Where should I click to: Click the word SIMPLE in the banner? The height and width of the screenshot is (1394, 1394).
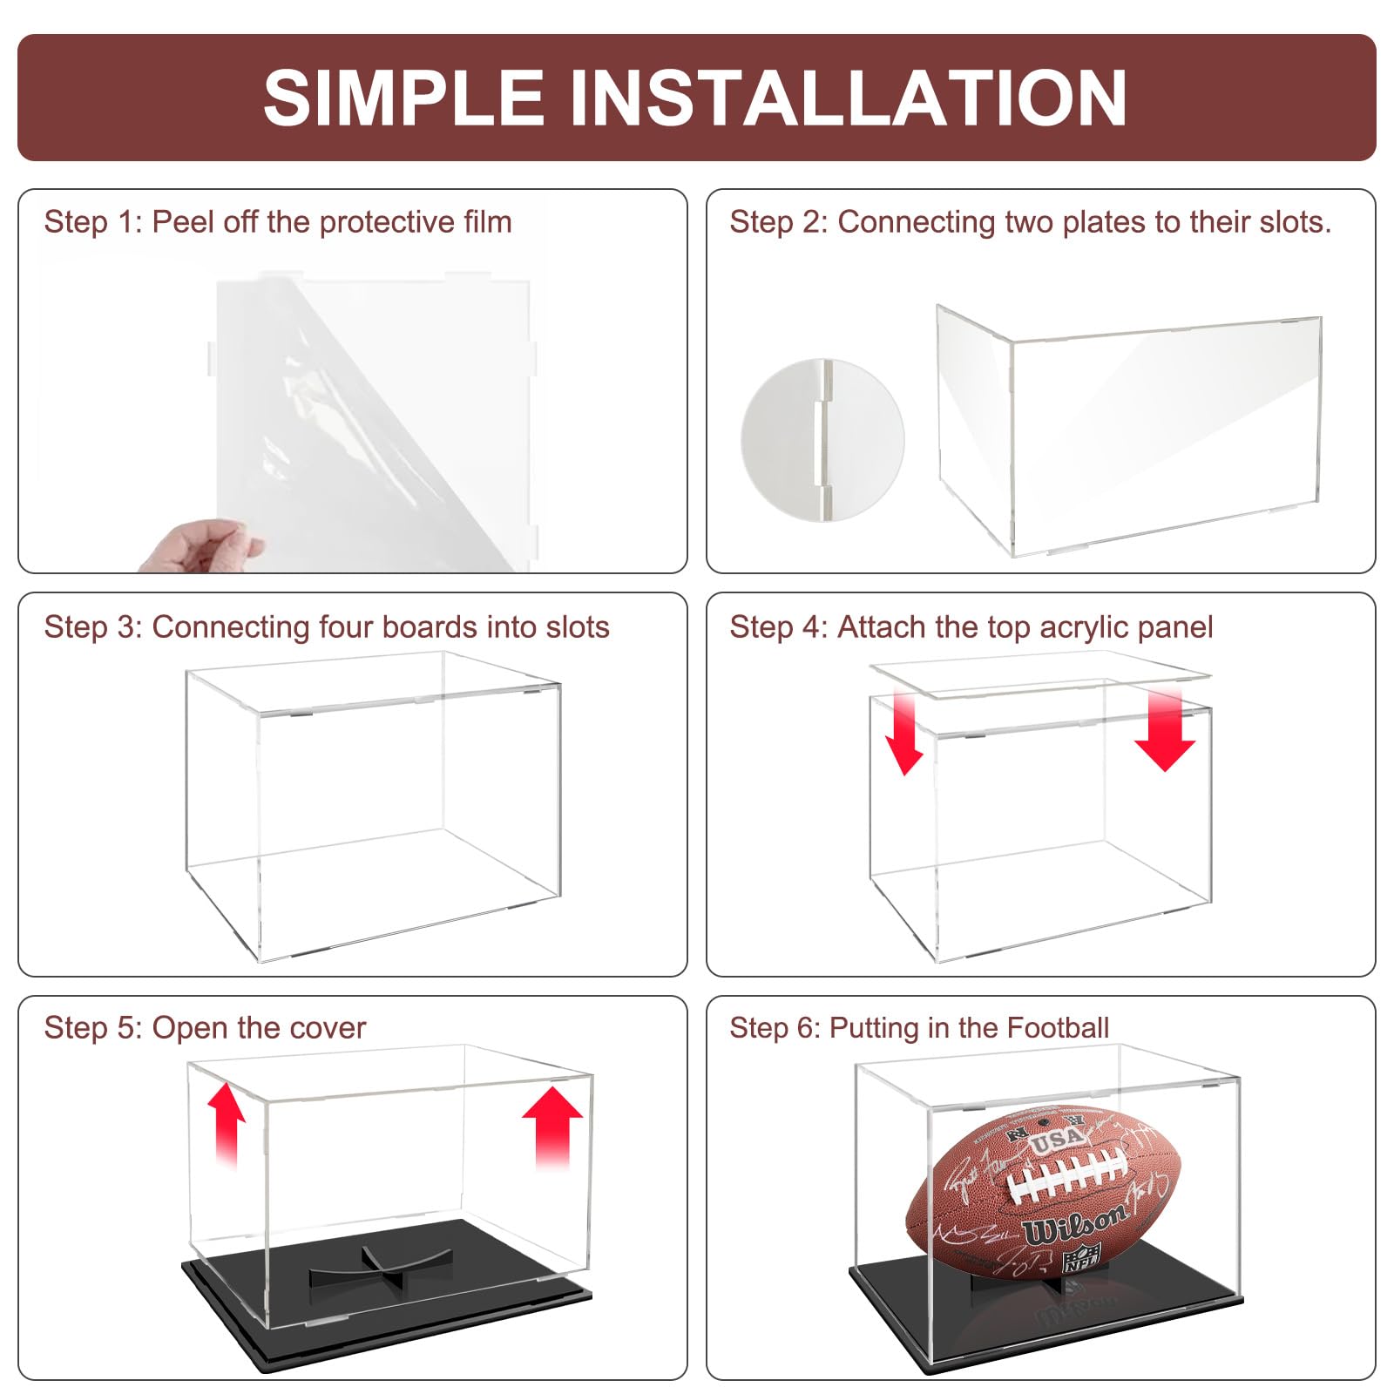(x=403, y=98)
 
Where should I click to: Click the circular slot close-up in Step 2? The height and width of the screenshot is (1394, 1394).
(x=822, y=440)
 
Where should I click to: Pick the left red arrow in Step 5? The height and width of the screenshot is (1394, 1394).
(x=226, y=1124)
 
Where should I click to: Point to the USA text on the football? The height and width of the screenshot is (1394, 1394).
(x=1057, y=1138)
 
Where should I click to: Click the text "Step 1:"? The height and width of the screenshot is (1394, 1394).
(x=92, y=222)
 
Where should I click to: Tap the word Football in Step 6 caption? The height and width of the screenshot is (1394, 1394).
(x=1058, y=1028)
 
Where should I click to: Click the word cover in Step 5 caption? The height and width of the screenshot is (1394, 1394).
(x=332, y=1028)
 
